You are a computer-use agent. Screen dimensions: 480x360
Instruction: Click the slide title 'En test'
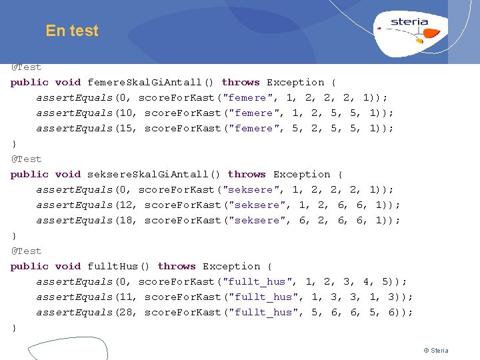coord(72,31)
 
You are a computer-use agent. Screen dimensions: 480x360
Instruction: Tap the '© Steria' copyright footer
coord(436,351)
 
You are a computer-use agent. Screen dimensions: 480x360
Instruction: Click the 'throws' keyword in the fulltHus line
coord(177,267)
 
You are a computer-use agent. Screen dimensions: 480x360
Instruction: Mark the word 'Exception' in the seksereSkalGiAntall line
coord(302,175)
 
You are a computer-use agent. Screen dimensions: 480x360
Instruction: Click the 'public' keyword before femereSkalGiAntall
coord(29,83)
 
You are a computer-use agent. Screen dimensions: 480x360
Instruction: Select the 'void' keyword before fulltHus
coord(68,267)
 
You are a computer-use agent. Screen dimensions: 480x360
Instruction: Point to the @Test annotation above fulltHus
coord(26,251)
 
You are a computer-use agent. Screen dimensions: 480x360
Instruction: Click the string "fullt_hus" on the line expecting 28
coord(263,313)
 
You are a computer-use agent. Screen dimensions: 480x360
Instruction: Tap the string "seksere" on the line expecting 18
coord(257,221)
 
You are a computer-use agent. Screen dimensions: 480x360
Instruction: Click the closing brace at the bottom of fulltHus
coord(14,328)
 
